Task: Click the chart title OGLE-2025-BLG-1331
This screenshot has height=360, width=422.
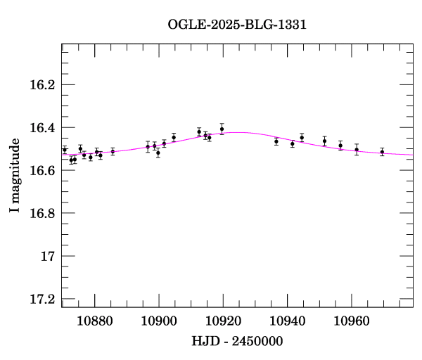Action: pos(237,25)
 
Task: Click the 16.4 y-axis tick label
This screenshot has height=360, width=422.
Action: pos(41,128)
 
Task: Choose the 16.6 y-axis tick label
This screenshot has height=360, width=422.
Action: pos(41,171)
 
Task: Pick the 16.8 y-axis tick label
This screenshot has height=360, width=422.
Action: pos(41,214)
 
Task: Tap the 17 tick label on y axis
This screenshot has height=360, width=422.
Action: pos(48,257)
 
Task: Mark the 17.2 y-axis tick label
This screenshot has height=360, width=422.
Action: pos(41,300)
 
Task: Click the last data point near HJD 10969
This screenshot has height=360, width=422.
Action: pos(382,151)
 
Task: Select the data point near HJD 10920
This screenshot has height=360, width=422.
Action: pos(222,129)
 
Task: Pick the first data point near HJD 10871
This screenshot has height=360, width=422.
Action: pos(65,149)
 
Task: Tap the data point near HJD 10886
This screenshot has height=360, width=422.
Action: pos(113,151)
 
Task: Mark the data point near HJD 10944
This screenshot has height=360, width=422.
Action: pos(302,137)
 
